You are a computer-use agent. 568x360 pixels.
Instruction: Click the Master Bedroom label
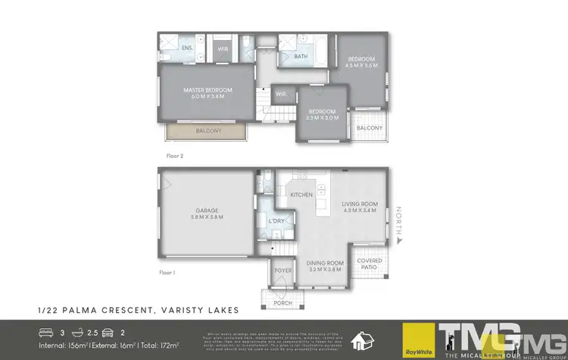[x=208, y=92]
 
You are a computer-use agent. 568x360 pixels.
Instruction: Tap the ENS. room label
[x=187, y=49]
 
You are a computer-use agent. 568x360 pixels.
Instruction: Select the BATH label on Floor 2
[x=301, y=56]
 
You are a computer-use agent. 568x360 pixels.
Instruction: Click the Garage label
[x=208, y=213]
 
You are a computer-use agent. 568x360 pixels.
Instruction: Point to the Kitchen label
[x=301, y=195]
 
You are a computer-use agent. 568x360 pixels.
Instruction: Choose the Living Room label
[x=359, y=207]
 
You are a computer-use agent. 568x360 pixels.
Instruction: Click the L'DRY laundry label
[x=276, y=221]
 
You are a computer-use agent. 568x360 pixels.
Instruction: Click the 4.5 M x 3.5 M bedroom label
[x=361, y=62]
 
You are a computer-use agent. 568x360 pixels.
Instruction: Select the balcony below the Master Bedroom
[x=208, y=131]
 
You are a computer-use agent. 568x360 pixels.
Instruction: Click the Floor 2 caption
[x=175, y=155]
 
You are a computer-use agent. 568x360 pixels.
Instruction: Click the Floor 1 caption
[x=167, y=271]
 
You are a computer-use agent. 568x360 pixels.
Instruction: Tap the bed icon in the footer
[x=46, y=331]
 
